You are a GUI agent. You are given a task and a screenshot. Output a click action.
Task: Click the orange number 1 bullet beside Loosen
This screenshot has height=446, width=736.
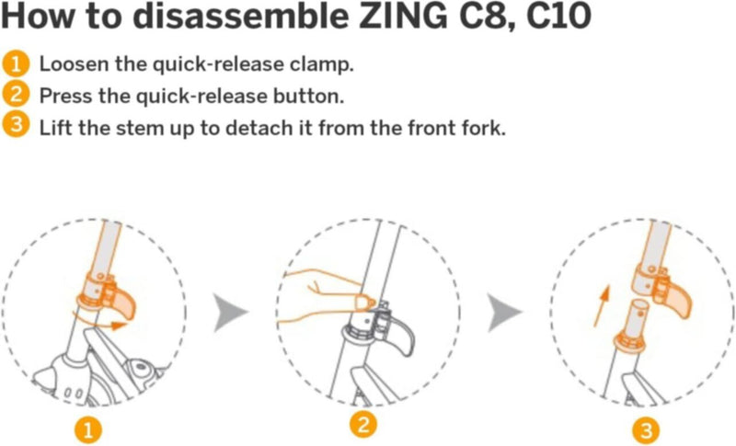click(16, 65)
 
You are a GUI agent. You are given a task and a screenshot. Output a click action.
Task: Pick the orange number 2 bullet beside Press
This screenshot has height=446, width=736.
click(16, 96)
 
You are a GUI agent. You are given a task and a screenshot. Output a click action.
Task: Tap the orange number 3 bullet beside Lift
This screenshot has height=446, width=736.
click(16, 126)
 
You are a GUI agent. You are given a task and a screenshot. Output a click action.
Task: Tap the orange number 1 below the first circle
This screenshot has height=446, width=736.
click(86, 429)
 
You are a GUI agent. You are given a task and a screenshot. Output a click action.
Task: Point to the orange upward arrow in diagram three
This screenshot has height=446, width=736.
click(600, 304)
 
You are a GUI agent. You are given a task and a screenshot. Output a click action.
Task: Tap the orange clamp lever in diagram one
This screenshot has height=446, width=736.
click(124, 303)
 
